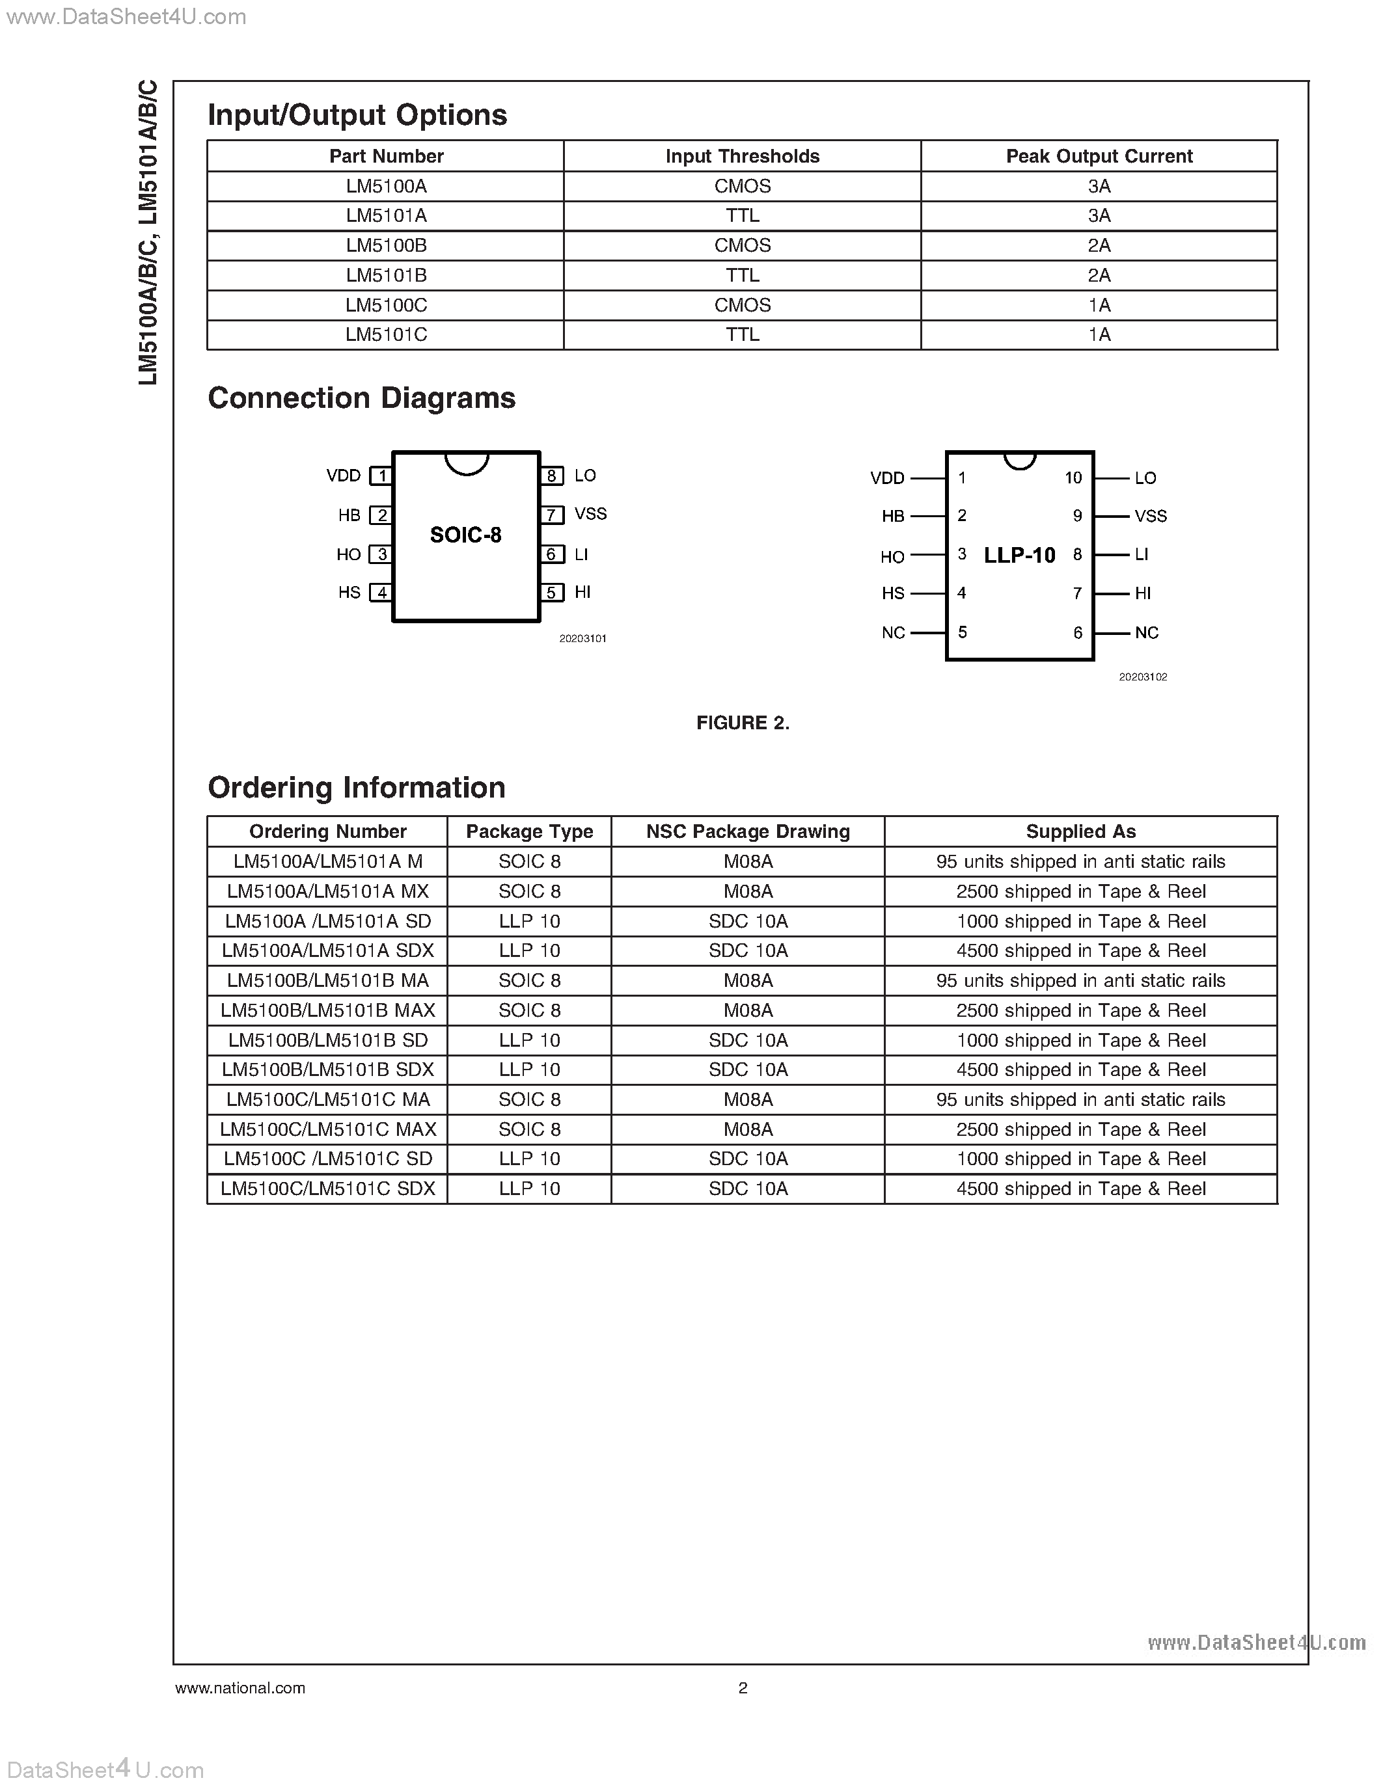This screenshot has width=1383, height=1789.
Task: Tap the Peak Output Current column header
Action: (1099, 156)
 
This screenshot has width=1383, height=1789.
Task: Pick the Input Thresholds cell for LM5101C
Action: (743, 335)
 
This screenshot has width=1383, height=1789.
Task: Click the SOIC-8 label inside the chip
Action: (465, 535)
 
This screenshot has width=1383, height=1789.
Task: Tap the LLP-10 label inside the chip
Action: (1019, 556)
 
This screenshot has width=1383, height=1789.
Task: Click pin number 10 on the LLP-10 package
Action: (1073, 478)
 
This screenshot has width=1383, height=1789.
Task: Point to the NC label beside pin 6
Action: (1146, 633)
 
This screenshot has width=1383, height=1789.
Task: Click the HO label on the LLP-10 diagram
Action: (892, 557)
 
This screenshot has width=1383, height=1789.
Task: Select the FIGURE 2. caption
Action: (743, 723)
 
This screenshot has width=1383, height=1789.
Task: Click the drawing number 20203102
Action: (1143, 677)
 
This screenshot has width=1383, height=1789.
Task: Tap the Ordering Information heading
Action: (357, 788)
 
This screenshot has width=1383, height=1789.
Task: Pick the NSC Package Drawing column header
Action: (747, 832)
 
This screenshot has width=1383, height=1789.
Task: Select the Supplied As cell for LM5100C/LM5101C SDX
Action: (1080, 1189)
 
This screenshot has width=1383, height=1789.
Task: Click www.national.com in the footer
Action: (240, 1688)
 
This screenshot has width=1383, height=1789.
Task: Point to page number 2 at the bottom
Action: (743, 1688)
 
